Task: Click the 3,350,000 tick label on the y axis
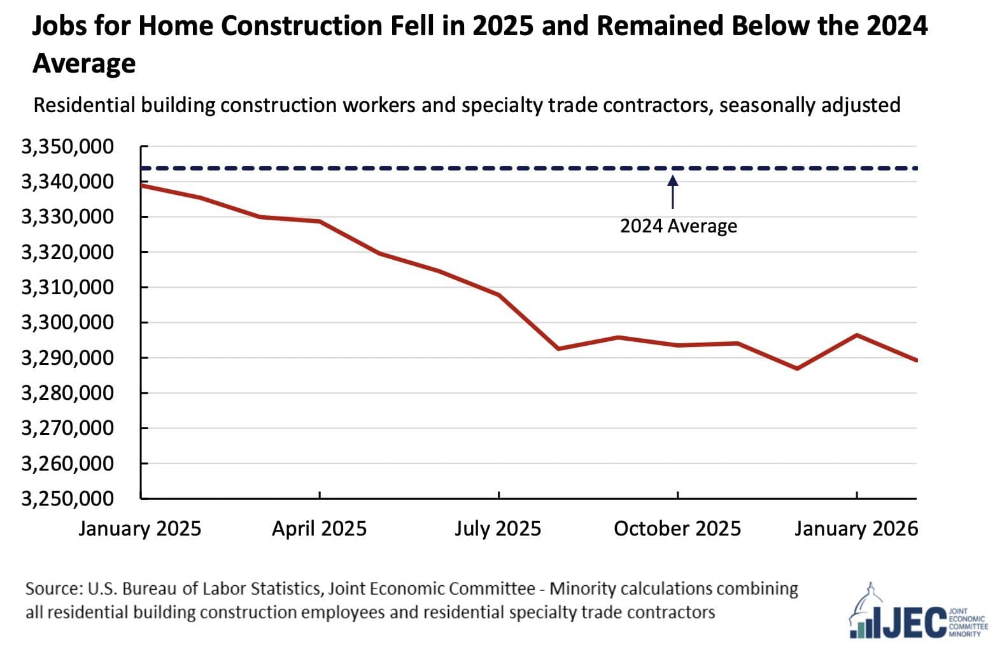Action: pyautogui.click(x=67, y=147)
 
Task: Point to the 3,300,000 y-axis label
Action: pyautogui.click(x=67, y=323)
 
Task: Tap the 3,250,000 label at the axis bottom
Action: pyautogui.click(x=67, y=499)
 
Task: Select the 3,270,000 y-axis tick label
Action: pyautogui.click(x=67, y=428)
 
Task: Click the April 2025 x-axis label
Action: pyautogui.click(x=319, y=529)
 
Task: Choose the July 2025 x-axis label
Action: pyautogui.click(x=497, y=529)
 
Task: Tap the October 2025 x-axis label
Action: pyautogui.click(x=677, y=529)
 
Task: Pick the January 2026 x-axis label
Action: pyautogui.click(x=856, y=529)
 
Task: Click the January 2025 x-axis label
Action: pyautogui.click(x=139, y=529)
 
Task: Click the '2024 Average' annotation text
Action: pyautogui.click(x=678, y=226)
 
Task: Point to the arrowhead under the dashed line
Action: pyautogui.click(x=673, y=180)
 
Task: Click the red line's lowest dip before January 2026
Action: pyautogui.click(x=797, y=369)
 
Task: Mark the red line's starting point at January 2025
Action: pyautogui.click(x=141, y=185)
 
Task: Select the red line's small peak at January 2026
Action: pyautogui.click(x=857, y=335)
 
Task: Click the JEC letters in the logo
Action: pyautogui.click(x=914, y=622)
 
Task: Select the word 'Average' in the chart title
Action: pyautogui.click(x=84, y=63)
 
